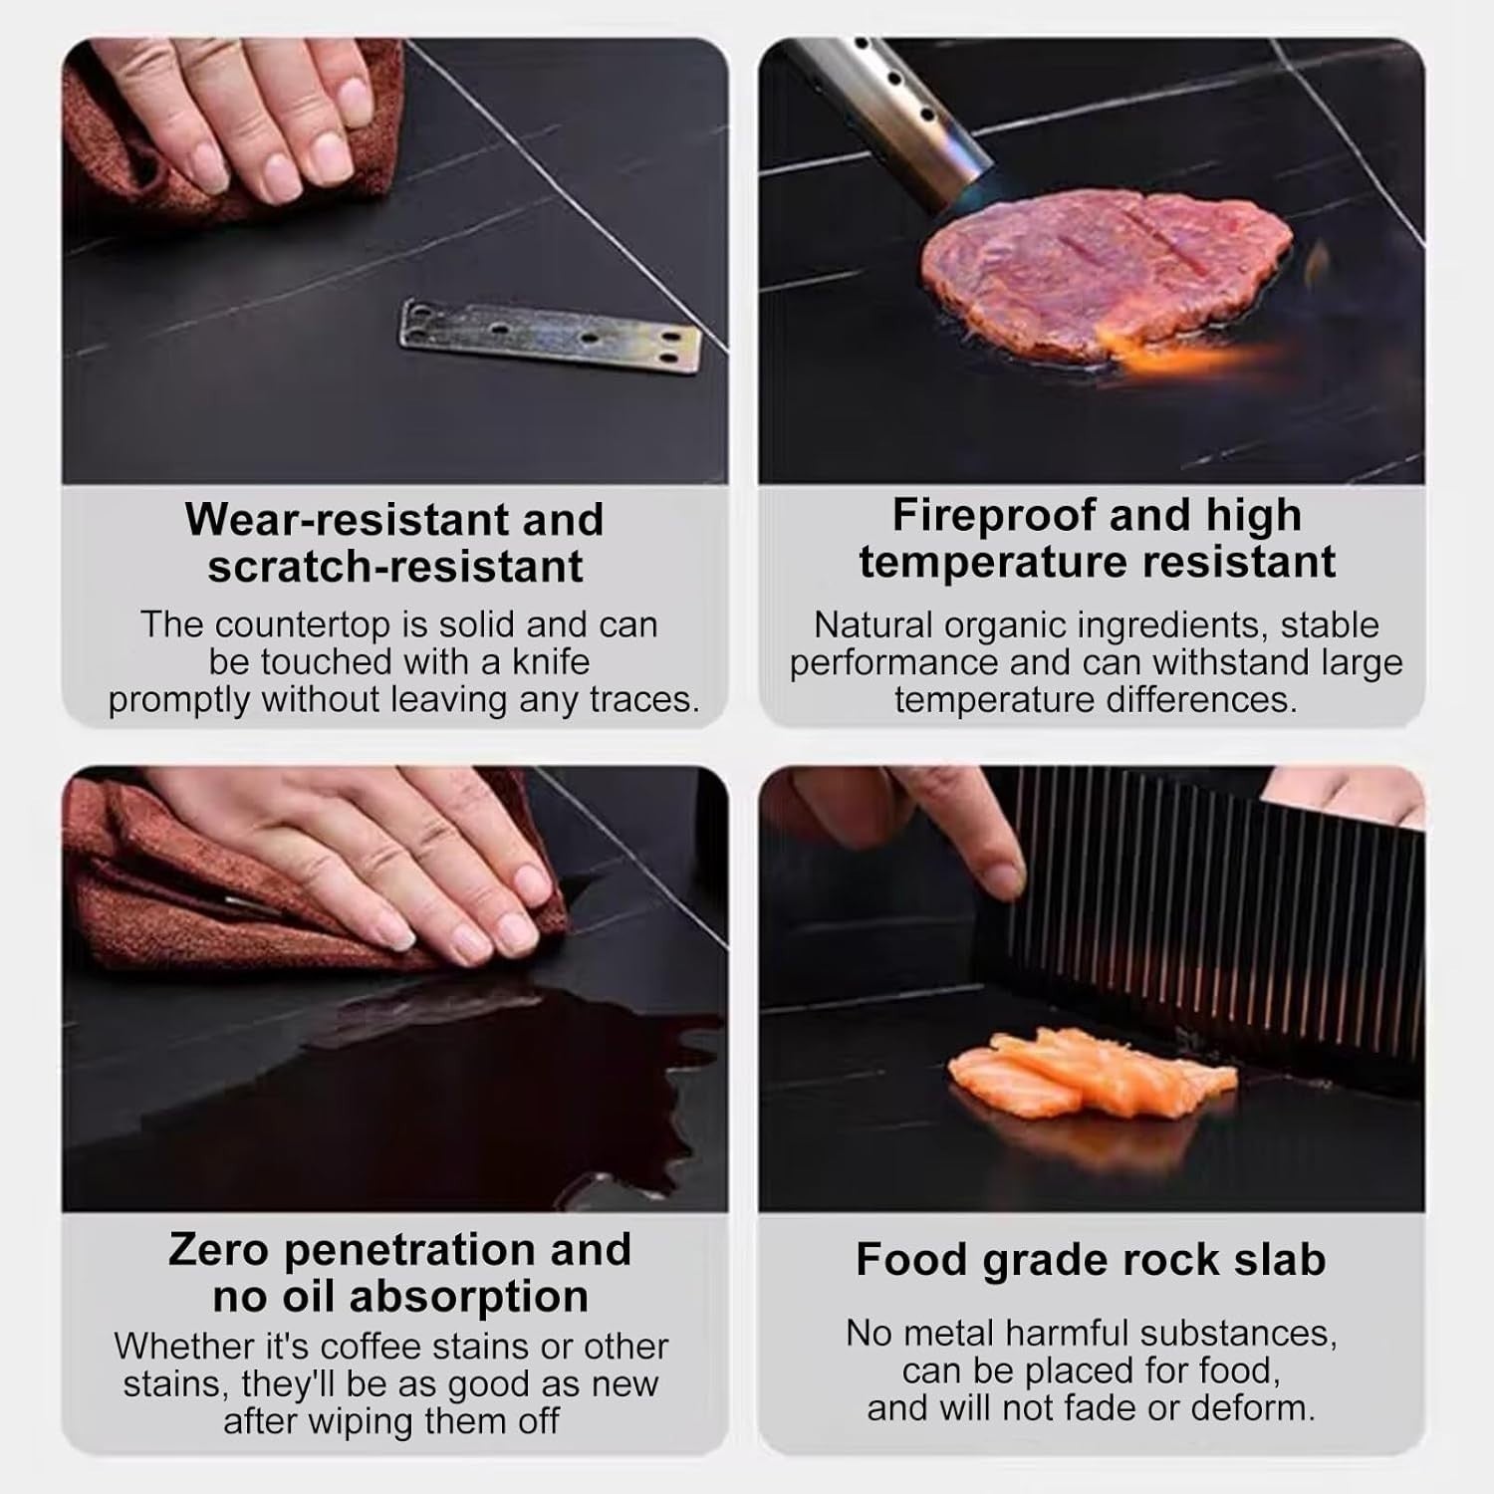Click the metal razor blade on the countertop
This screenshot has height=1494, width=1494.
[x=551, y=339]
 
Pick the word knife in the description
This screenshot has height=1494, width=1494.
[x=551, y=661]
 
